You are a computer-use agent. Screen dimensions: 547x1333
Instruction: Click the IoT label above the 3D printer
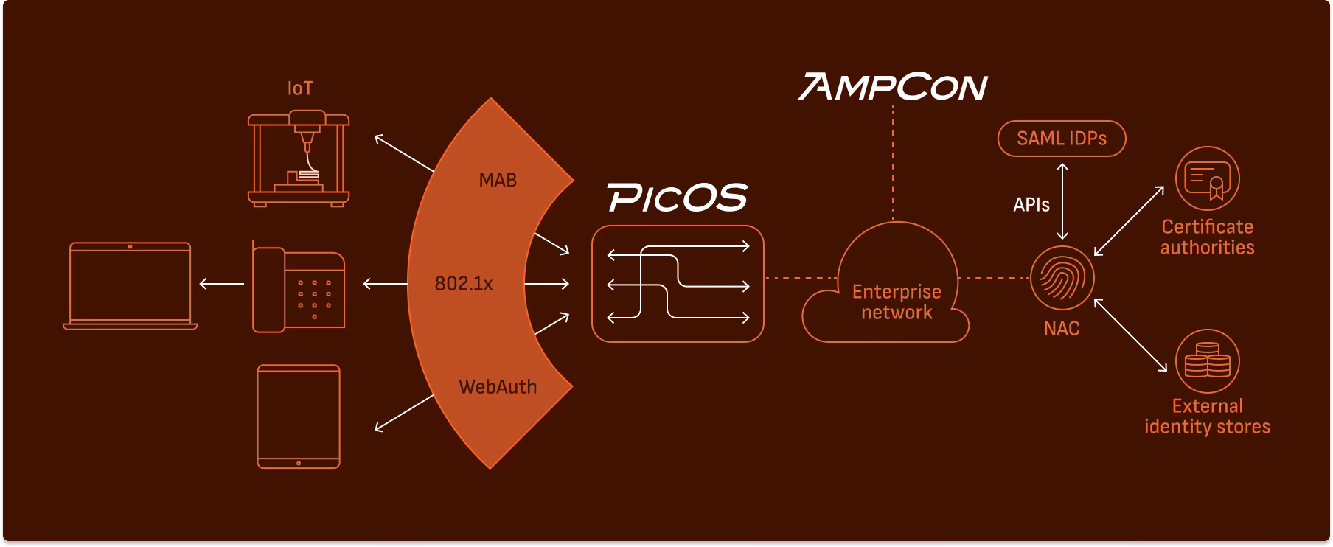click(300, 88)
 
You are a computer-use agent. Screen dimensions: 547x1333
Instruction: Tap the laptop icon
click(130, 285)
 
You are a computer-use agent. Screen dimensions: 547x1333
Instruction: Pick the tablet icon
click(299, 417)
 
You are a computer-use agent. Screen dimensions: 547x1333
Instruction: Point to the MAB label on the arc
click(498, 180)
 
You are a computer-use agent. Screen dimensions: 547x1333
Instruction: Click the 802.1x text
click(463, 284)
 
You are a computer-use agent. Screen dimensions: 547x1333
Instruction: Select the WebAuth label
click(498, 387)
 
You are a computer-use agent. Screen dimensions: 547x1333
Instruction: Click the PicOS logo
click(678, 198)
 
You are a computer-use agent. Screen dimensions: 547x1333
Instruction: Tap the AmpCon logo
click(893, 87)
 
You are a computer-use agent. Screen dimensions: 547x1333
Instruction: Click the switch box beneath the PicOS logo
click(678, 284)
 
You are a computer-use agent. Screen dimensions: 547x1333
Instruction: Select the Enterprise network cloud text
click(897, 302)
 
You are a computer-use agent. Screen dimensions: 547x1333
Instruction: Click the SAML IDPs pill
click(1062, 139)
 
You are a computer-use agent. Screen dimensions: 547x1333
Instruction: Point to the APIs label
click(1031, 205)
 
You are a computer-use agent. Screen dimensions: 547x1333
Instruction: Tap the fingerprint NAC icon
click(1062, 278)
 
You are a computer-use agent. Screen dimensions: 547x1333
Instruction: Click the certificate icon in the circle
click(1207, 179)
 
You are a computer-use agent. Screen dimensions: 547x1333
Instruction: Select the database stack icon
click(1207, 361)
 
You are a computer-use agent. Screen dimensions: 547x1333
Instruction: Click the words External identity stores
click(1207, 417)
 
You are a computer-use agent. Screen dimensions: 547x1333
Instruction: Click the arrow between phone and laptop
click(222, 284)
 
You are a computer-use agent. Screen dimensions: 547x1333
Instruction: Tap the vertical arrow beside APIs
click(1062, 201)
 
